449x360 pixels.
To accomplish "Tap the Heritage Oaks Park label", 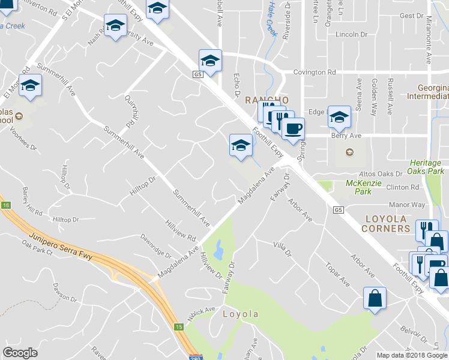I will [x=426, y=167].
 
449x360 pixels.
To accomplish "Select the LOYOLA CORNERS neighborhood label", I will [x=394, y=223].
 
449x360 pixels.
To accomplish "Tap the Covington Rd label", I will [x=314, y=73].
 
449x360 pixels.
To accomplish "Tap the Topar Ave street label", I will [x=337, y=273].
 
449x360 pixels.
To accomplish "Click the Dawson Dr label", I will [x=65, y=292].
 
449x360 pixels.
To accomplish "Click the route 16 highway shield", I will [x=6, y=205].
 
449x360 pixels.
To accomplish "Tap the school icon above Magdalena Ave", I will [x=241, y=145].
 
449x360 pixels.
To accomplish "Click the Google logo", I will [x=20, y=353].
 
